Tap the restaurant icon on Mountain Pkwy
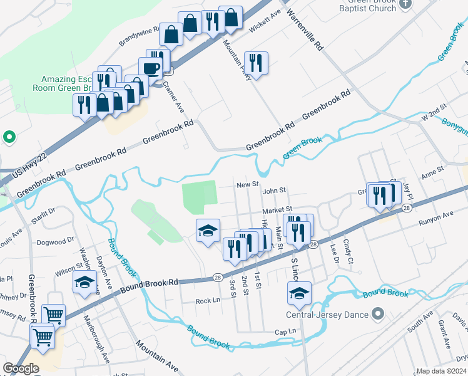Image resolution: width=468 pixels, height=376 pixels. [255, 62]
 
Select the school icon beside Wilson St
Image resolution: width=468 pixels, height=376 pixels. [84, 282]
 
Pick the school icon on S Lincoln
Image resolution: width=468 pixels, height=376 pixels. [300, 293]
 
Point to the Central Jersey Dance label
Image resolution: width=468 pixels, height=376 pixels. [327, 315]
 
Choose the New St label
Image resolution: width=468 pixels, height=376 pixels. [248, 185]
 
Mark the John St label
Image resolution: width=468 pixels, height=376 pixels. [274, 190]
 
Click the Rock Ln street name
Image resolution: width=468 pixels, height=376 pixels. [208, 300]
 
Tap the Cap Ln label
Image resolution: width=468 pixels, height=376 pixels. [284, 332]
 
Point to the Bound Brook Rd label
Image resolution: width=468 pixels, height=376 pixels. [150, 283]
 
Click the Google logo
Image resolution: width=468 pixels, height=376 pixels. [21, 368]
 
